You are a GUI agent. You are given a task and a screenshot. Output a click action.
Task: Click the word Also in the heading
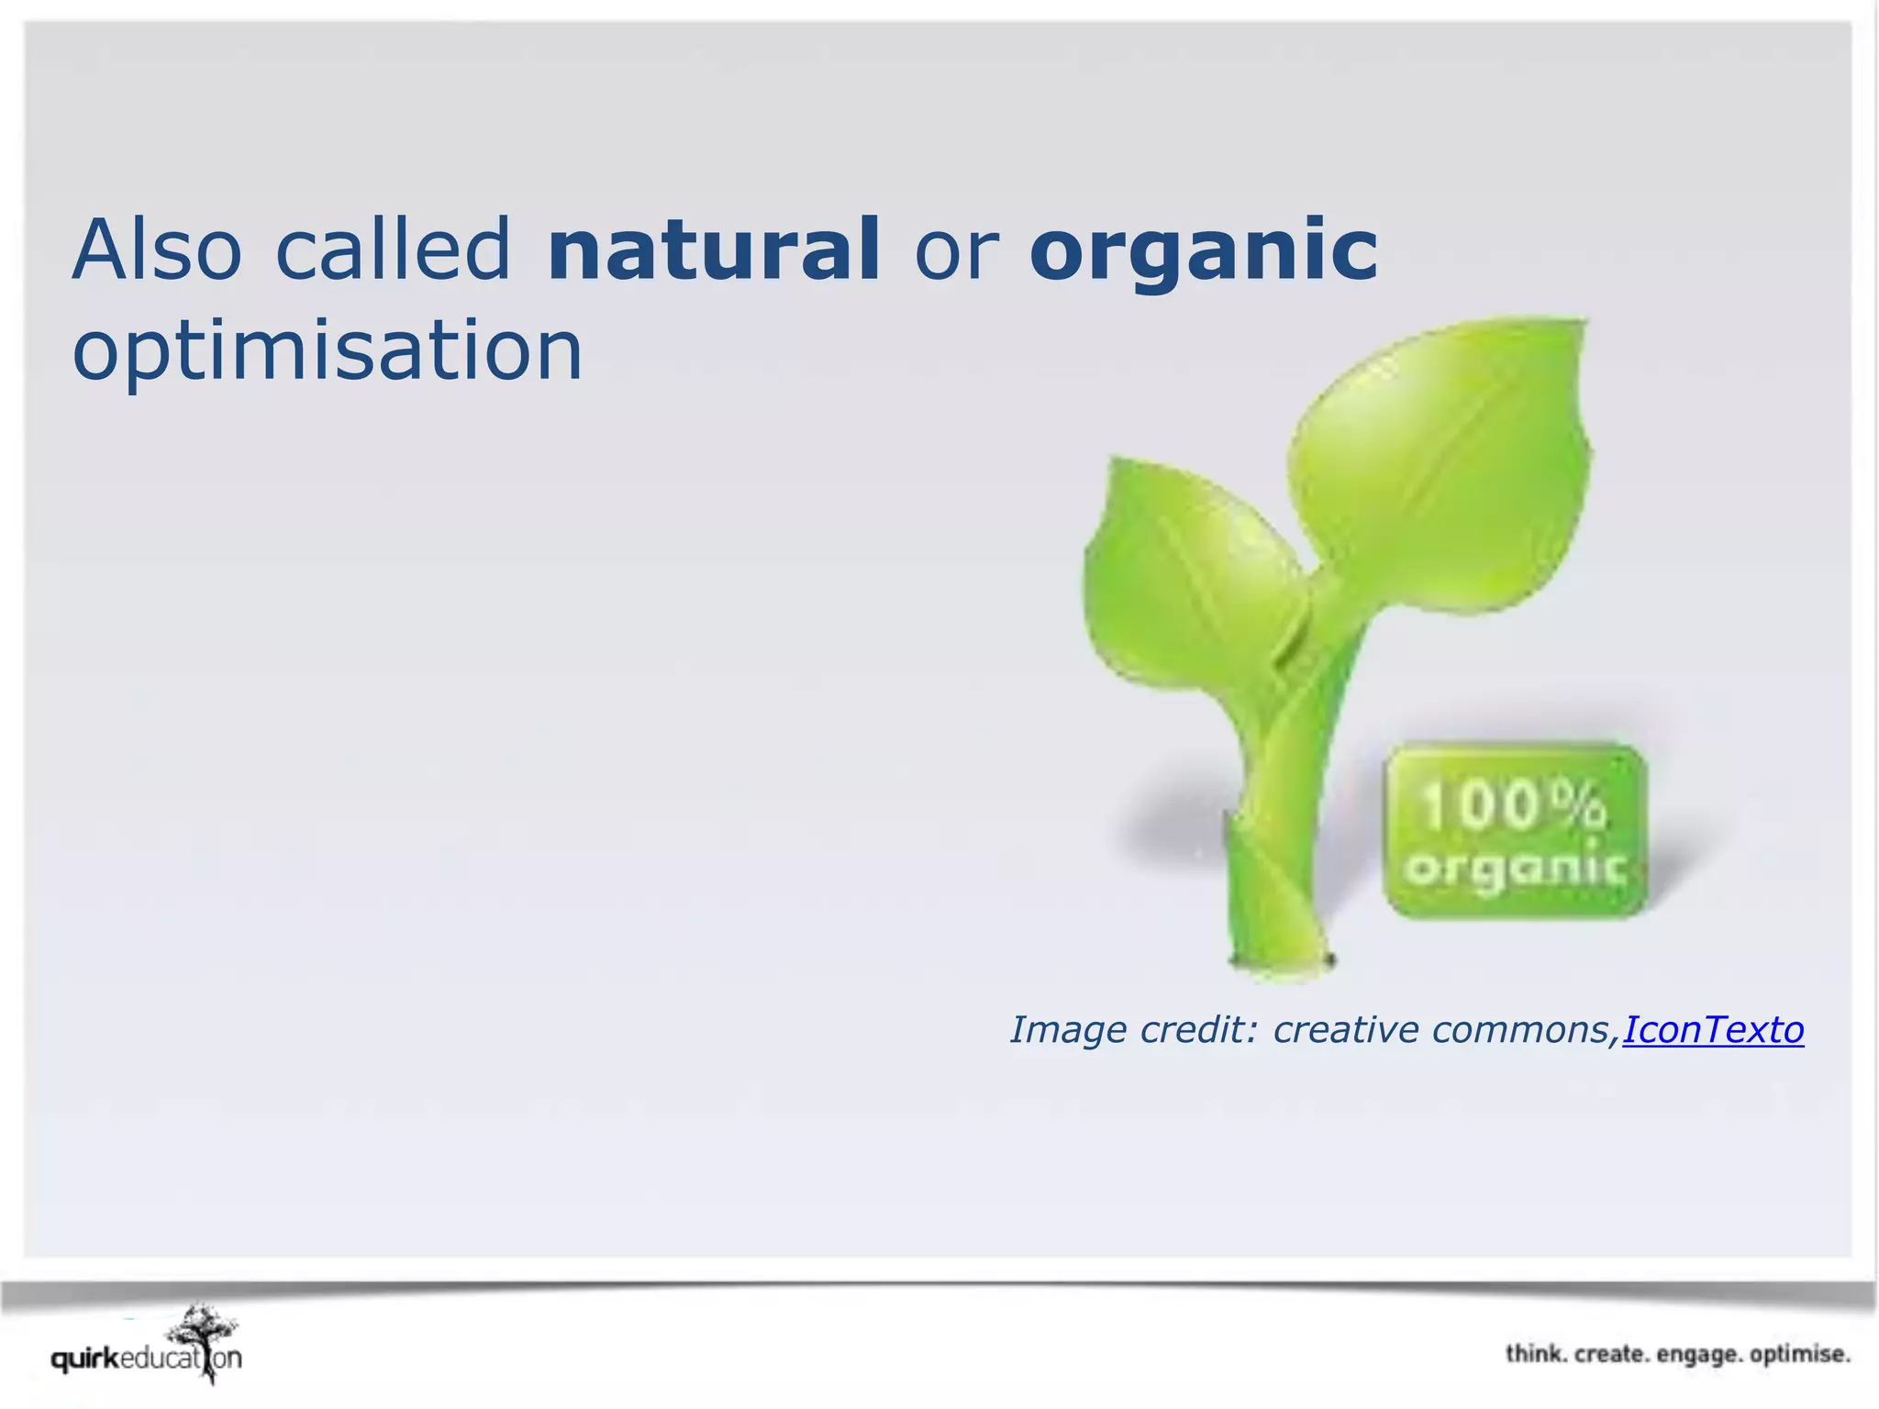click(x=157, y=250)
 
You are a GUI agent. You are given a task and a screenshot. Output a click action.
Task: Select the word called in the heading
click(x=392, y=250)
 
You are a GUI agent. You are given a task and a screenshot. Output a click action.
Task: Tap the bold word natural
click(x=713, y=250)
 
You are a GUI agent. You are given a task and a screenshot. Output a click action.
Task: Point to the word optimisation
click(x=328, y=351)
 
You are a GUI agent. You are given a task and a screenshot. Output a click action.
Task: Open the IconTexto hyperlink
click(x=1712, y=1029)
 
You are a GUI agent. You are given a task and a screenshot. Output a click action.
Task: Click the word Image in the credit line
click(x=1069, y=1030)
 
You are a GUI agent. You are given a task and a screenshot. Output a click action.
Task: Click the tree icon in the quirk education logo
click(x=204, y=1339)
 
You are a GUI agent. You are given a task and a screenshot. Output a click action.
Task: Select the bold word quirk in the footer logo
click(x=84, y=1359)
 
